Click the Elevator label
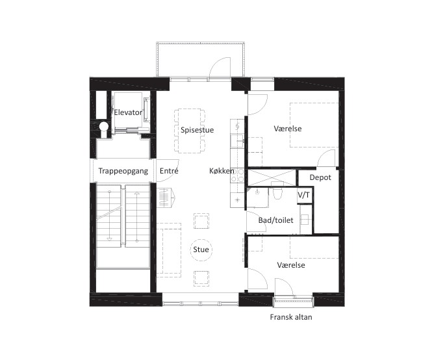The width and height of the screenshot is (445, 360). point(128,112)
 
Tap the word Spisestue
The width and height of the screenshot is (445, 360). point(197,130)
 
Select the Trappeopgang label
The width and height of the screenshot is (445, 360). point(123,171)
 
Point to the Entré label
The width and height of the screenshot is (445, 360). point(169,171)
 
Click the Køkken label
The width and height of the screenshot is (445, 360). point(222,171)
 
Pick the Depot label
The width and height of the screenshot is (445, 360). point(320,177)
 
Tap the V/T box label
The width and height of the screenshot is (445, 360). point(303,195)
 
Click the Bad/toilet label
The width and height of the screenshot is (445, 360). point(276,220)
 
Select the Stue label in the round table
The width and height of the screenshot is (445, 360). point(201,250)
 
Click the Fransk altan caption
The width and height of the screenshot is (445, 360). point(291,317)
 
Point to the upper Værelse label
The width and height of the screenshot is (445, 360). point(288,129)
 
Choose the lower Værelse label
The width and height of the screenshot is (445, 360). point(291,265)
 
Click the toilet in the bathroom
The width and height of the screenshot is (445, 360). point(277,193)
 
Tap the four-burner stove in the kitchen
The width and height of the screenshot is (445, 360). point(238,175)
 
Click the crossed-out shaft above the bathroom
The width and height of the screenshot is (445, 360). point(272,178)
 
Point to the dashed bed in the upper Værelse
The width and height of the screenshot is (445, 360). point(314,125)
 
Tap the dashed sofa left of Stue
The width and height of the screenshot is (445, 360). point(169,250)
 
